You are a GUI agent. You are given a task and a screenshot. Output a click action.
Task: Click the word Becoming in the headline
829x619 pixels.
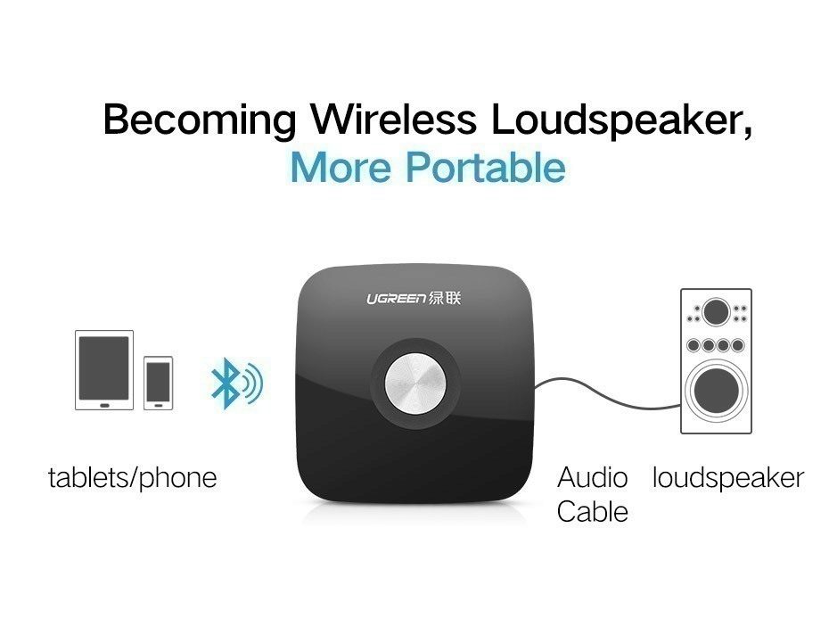coord(200,120)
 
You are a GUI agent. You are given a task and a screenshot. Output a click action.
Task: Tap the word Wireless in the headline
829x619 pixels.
coord(393,119)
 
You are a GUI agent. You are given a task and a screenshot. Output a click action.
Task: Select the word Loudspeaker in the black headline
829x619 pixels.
coord(615,120)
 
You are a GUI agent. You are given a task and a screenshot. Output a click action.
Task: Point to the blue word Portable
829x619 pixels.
coord(486,167)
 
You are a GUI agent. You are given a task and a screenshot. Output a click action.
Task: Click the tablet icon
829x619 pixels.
coord(104,370)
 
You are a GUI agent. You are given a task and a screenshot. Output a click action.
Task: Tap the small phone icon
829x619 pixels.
coord(158,383)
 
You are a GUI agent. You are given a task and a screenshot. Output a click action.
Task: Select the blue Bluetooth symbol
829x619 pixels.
coord(236,383)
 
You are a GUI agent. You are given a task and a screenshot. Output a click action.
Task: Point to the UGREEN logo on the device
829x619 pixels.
coord(396,299)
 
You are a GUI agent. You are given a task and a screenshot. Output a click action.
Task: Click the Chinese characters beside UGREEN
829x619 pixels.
coord(445,299)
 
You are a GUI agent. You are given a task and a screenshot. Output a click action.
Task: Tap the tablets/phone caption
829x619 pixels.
coord(132,478)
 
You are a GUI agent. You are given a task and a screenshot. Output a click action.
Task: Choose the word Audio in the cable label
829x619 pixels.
coord(592,477)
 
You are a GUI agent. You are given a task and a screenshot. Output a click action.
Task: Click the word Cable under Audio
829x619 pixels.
coord(592,512)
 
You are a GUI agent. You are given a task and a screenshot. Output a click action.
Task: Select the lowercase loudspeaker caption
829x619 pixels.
coord(728,478)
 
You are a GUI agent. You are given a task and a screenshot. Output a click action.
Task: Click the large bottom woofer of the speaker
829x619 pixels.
coord(717,391)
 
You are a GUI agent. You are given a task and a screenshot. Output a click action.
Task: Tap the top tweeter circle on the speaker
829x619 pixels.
coord(717,311)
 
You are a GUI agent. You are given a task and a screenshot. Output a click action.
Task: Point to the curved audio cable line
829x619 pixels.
coord(608,394)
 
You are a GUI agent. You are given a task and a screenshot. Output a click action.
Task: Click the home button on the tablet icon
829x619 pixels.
coord(104,405)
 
